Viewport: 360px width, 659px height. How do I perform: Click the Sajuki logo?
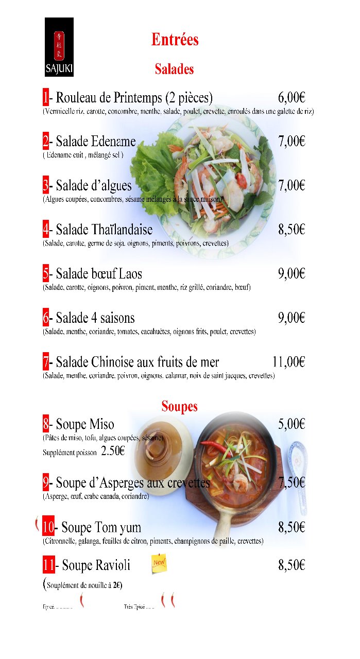point(59,46)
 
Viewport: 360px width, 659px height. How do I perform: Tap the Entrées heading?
point(175,40)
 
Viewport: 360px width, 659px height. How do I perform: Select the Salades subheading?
point(174,69)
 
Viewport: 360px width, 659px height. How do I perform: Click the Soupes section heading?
point(179,406)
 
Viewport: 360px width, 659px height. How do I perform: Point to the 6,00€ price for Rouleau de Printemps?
point(292,97)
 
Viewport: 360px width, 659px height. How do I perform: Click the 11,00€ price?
point(288,362)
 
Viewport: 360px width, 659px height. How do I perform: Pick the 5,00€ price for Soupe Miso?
point(292,424)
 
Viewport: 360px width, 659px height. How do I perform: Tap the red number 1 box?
point(46,97)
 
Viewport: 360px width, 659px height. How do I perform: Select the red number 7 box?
point(46,362)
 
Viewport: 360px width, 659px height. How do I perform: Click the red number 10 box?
point(48,527)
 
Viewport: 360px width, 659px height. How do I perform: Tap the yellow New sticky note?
point(159,563)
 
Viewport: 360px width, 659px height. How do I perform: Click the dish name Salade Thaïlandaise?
point(104,229)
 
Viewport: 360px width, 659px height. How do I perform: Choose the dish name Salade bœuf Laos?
point(99,273)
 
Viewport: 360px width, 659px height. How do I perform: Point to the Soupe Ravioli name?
point(96,565)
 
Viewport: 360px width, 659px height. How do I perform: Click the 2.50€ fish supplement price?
point(113,451)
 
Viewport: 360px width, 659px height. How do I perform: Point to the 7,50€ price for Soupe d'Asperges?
point(292,482)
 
